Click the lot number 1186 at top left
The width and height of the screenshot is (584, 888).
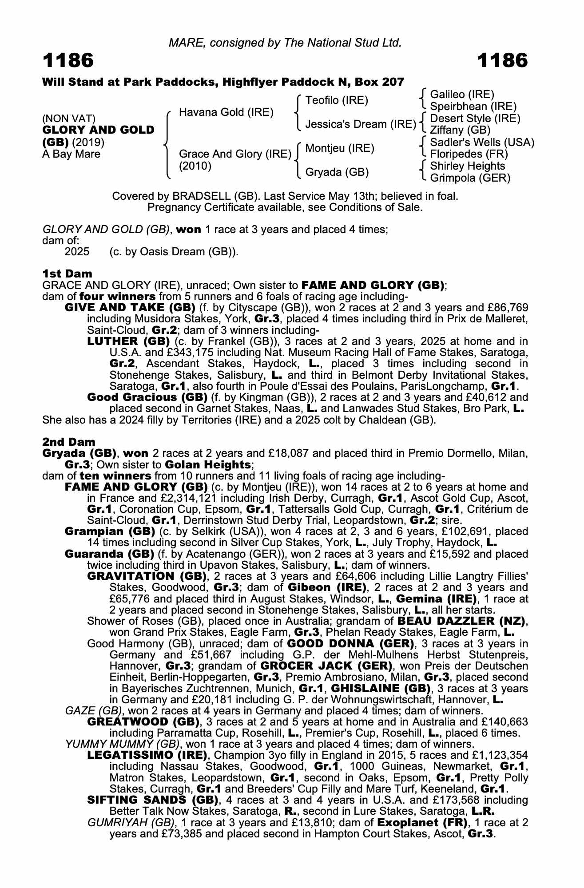[68, 60]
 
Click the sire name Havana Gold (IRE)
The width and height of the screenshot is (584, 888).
[226, 112]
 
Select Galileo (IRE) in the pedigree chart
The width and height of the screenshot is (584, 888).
[462, 95]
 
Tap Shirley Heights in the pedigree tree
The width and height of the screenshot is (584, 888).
[468, 166]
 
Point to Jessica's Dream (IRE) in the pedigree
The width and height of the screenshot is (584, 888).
[360, 124]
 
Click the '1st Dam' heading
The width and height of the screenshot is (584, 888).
[67, 274]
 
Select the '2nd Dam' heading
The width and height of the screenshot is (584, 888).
[68, 442]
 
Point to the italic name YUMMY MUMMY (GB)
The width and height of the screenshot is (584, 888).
[122, 744]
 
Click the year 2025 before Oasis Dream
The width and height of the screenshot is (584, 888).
[77, 252]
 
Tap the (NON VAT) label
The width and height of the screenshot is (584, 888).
[69, 119]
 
